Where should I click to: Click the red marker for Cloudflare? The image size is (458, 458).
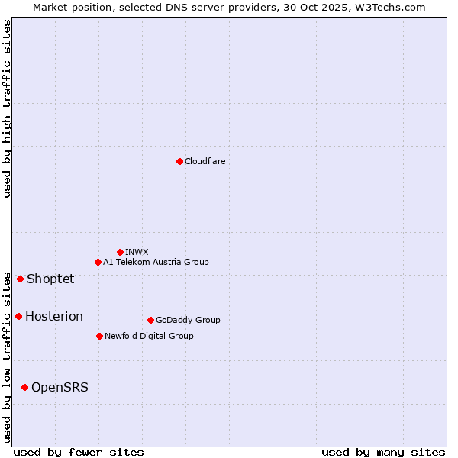point(179,161)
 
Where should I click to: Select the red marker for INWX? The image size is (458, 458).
point(120,252)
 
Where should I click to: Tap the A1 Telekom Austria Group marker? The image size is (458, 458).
point(98,262)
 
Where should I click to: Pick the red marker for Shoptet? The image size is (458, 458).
point(20,279)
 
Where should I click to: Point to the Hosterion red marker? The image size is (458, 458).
point(18,316)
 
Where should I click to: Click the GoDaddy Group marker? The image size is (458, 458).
point(150,320)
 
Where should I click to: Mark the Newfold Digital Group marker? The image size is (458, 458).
point(99,336)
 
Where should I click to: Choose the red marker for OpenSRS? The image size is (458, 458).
point(24,387)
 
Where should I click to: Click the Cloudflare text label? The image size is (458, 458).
point(205,161)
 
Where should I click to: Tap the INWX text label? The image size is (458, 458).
point(137,252)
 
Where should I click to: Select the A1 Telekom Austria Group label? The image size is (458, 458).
point(156,262)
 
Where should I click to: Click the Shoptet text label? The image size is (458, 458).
point(50,279)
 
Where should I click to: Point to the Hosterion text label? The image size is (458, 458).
point(54,316)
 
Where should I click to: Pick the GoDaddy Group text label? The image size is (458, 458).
point(188,320)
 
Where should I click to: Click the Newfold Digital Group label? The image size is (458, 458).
point(149,336)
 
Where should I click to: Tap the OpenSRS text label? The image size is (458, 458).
point(60,387)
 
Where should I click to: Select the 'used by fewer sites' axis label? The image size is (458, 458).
point(79,452)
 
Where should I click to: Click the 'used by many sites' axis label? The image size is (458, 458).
point(383,452)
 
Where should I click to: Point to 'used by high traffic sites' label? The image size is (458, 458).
point(7,108)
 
